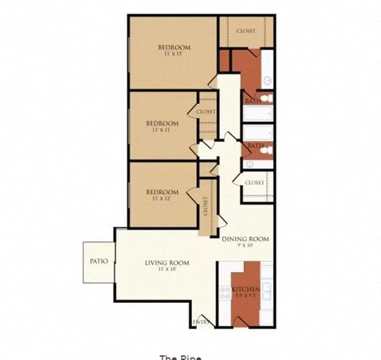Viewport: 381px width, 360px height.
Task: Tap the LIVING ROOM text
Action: pyautogui.click(x=166, y=262)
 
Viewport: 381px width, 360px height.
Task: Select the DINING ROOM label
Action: pyautogui.click(x=245, y=239)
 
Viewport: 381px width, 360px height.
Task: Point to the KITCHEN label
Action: pyautogui.click(x=248, y=289)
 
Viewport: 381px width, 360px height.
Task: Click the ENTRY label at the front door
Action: pyautogui.click(x=202, y=321)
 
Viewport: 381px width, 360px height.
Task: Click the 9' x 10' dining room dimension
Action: pyautogui.click(x=244, y=246)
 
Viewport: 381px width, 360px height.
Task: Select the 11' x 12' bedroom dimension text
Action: pyautogui.click(x=161, y=197)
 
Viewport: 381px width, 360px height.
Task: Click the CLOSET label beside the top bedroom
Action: pyautogui.click(x=246, y=32)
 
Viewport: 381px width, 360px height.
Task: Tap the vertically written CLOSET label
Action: pyautogui.click(x=205, y=208)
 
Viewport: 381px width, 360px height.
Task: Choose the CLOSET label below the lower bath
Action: pyautogui.click(x=254, y=183)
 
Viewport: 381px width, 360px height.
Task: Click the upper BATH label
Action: pyautogui.click(x=253, y=101)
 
